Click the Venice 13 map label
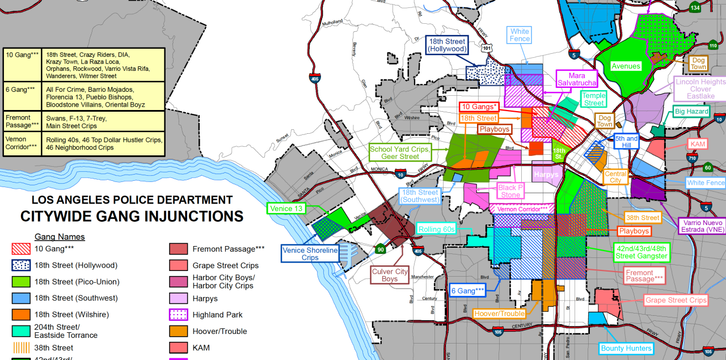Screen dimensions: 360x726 coord(286,209)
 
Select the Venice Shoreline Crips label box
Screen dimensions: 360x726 coord(310,254)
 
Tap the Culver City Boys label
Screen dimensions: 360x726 coord(390,275)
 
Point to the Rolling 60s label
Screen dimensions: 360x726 coord(436,229)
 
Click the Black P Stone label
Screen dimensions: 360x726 coord(510,191)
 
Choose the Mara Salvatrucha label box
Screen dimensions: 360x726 coord(576,79)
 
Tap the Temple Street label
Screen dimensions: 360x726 coord(594,100)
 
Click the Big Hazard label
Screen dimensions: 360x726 coord(691,112)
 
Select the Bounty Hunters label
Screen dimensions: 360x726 coord(626,348)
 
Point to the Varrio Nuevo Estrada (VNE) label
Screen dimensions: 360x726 coord(702,226)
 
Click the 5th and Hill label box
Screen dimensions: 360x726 coord(626,142)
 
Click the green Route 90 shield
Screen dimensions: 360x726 coord(379,248)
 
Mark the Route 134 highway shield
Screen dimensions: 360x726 coord(695,7)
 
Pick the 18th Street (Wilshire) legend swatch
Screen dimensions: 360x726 coord(22,315)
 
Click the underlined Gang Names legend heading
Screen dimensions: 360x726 coord(60,236)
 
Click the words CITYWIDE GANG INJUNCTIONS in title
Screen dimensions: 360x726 coord(132,217)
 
